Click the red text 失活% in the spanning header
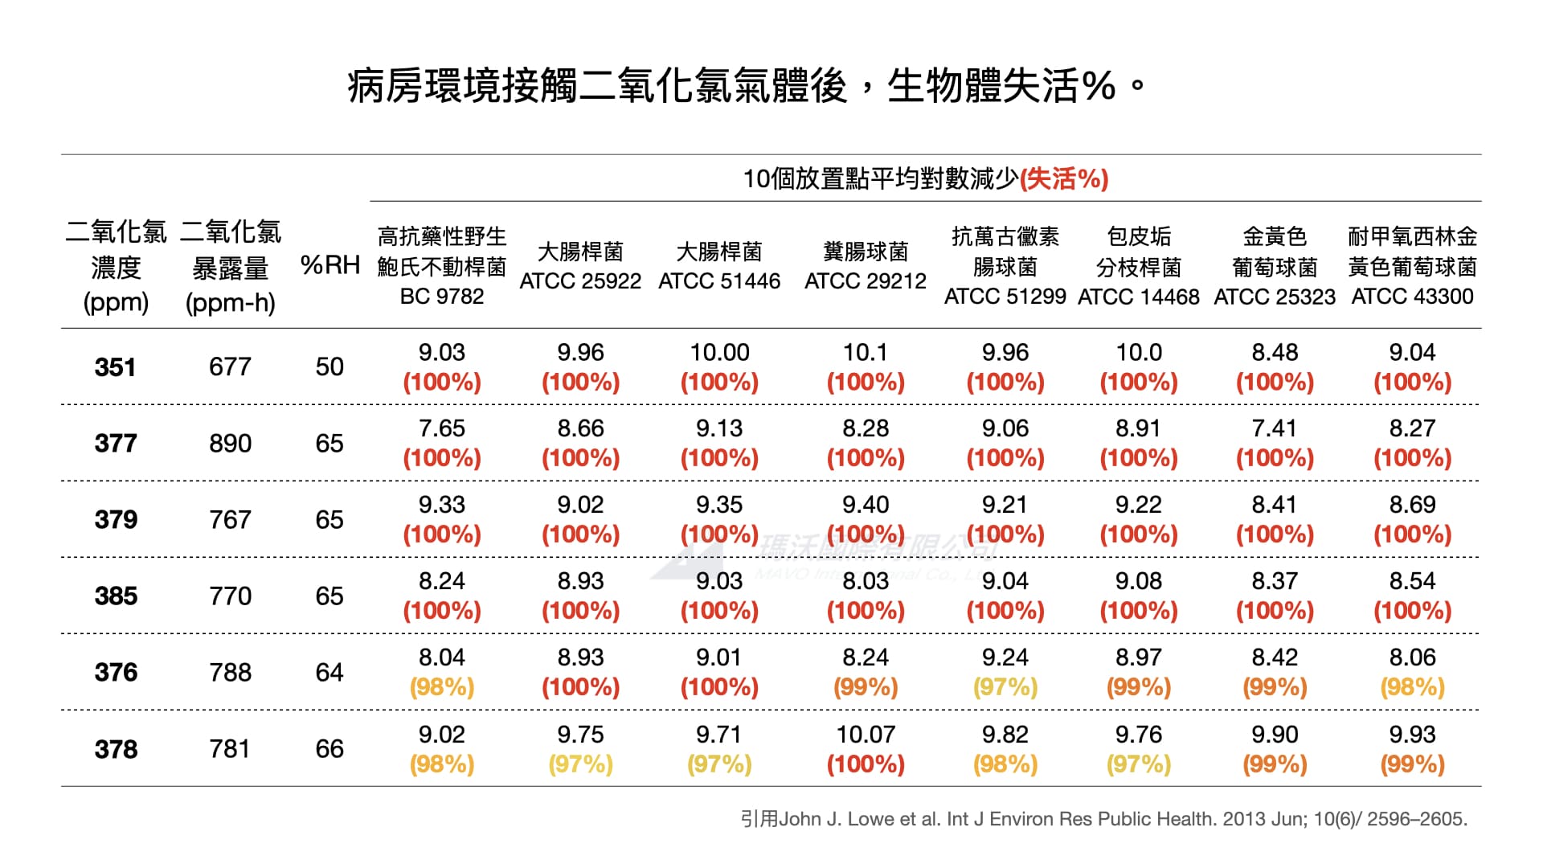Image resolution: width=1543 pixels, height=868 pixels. tap(1063, 178)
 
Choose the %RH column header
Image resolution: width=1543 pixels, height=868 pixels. tap(329, 265)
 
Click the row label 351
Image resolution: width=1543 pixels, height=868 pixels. tap(116, 367)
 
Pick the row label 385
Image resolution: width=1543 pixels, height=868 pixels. tap(116, 596)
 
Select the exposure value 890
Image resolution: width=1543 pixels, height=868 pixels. tap(230, 444)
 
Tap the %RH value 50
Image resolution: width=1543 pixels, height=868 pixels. tap(329, 367)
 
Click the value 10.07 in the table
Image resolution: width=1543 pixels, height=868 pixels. tap(866, 735)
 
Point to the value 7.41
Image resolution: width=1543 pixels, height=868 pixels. tap(1275, 428)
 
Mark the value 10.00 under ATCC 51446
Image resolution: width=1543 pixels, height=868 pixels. tap(719, 353)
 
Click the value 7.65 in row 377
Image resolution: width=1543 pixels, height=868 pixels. tap(442, 428)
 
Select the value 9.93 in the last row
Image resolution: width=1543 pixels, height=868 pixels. tap(1412, 735)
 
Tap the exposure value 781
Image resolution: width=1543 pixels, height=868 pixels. tap(230, 749)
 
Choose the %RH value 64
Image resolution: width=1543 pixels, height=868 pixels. tap(329, 673)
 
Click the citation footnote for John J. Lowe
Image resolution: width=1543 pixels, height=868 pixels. tap(1103, 819)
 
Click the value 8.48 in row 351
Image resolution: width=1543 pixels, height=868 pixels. tap(1275, 353)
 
